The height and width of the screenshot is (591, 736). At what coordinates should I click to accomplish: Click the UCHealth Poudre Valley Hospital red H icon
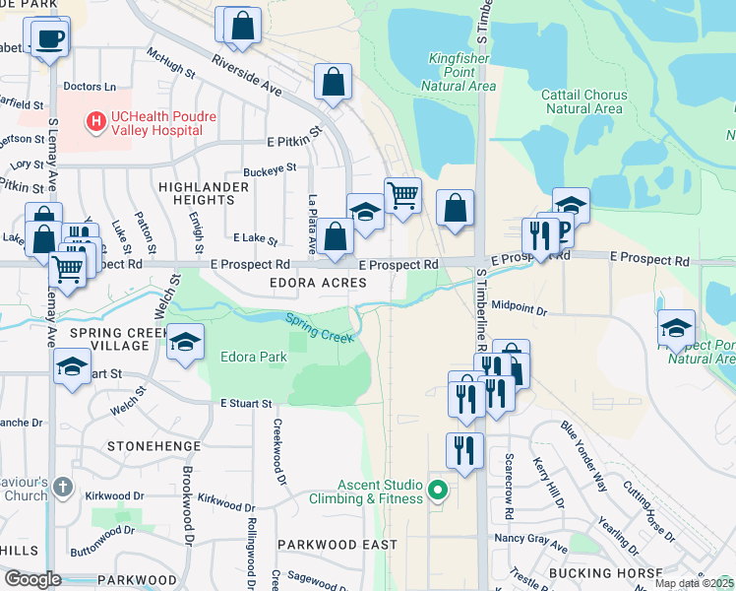[x=96, y=122]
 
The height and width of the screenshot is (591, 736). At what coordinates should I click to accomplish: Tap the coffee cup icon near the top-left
[x=48, y=39]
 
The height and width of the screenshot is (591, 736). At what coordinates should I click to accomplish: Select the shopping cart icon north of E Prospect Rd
[x=401, y=194]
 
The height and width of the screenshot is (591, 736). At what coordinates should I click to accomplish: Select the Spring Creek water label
[x=321, y=327]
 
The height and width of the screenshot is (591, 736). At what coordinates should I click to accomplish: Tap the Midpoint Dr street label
[x=519, y=308]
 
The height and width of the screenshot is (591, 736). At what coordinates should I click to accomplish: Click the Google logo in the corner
[x=32, y=578]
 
